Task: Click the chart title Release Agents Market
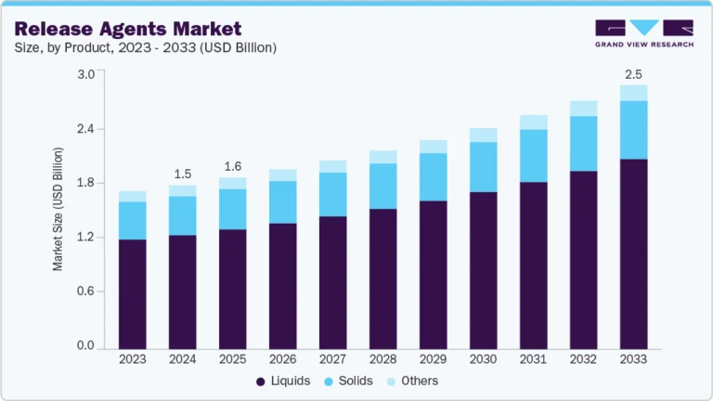[127, 29]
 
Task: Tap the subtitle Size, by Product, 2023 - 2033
[145, 47]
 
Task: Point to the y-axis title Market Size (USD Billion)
[58, 209]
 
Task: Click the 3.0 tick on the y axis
[85, 74]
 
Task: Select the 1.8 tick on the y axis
[85, 183]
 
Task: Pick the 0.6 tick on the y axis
[85, 291]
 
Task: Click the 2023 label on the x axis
[133, 358]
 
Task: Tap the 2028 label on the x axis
[382, 358]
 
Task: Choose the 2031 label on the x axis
[533, 358]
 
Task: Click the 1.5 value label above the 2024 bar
[183, 174]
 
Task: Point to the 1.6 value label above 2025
[233, 167]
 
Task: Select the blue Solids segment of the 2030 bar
[483, 167]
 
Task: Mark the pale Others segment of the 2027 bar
[332, 166]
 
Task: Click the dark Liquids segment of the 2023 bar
[133, 292]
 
